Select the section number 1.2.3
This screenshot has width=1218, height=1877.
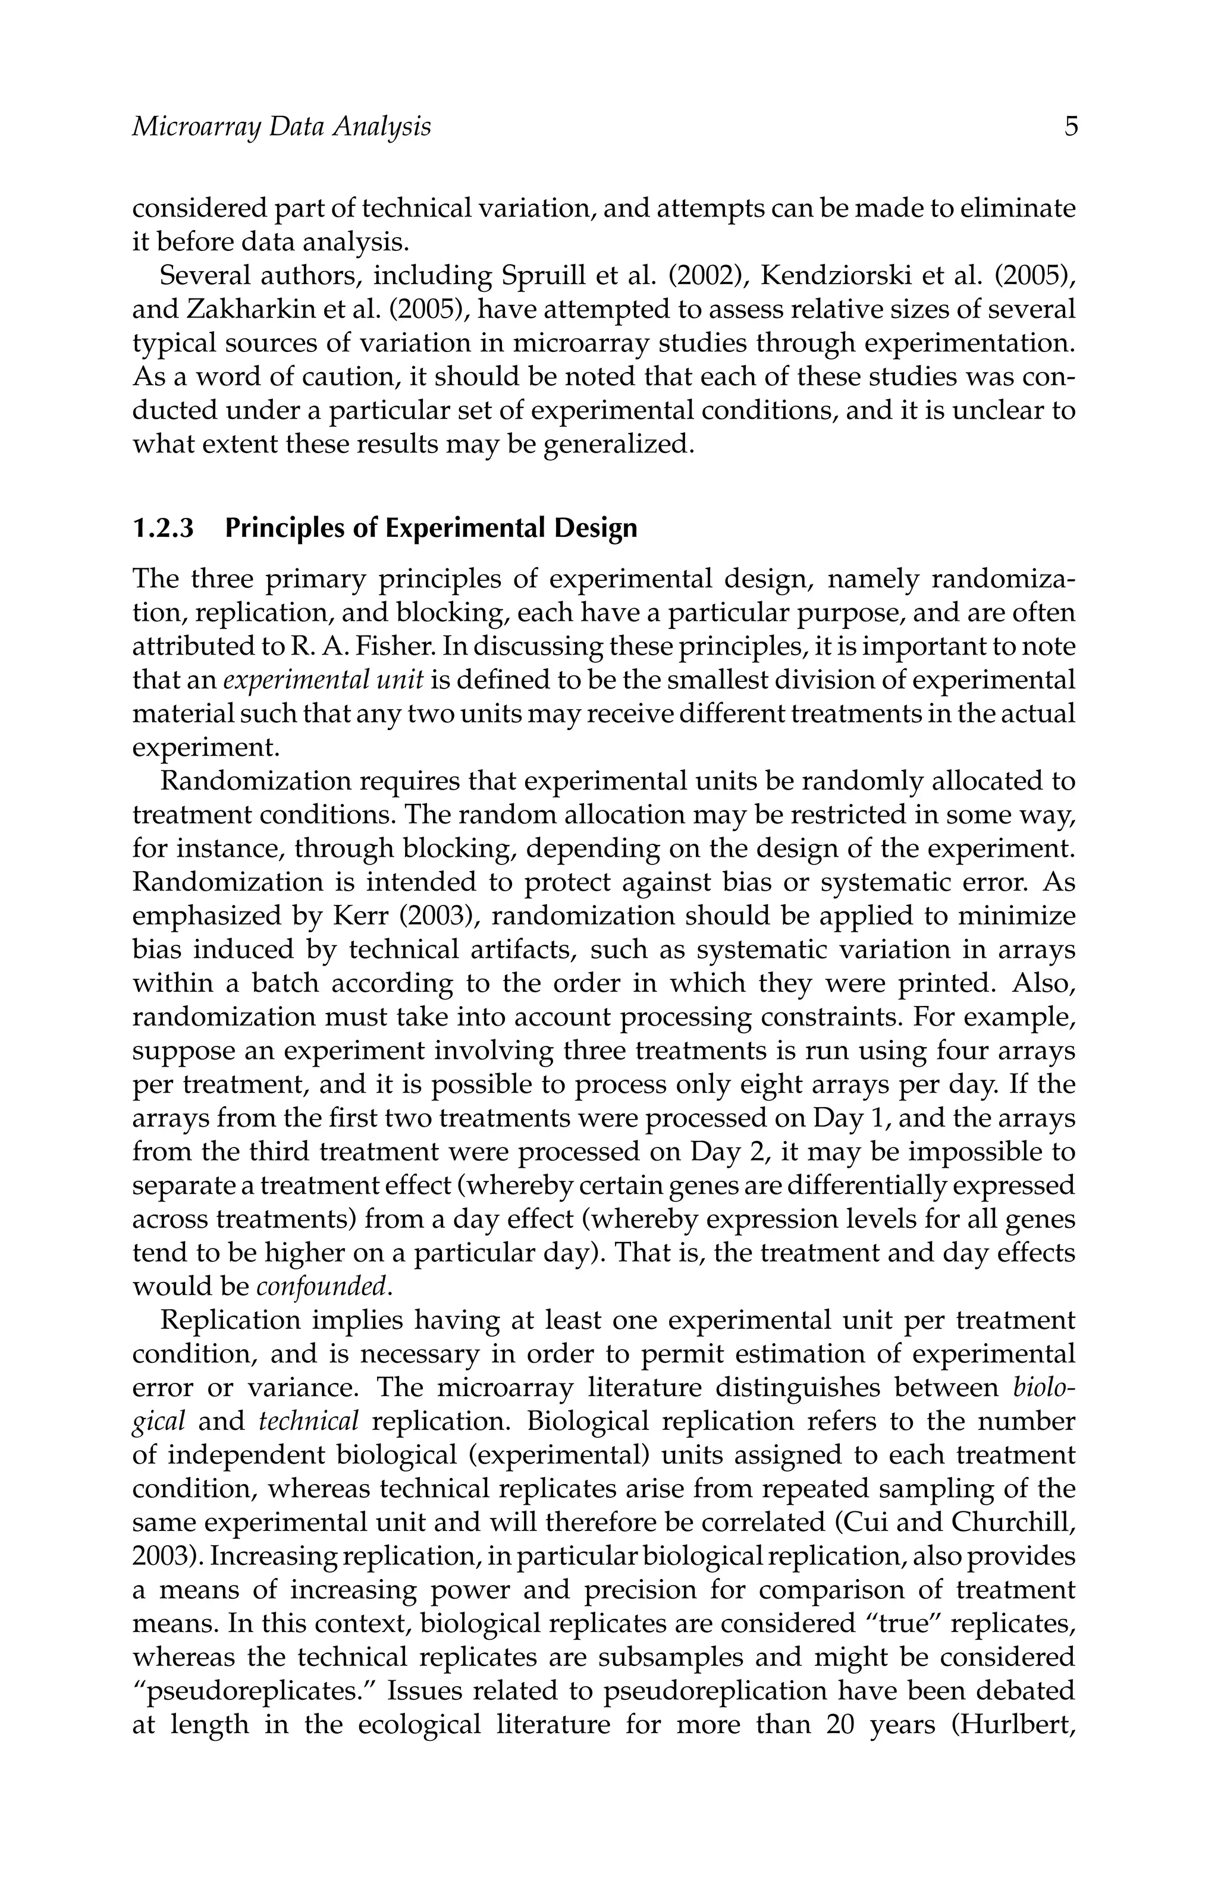coord(162,527)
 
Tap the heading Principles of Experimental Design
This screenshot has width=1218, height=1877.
coord(431,527)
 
